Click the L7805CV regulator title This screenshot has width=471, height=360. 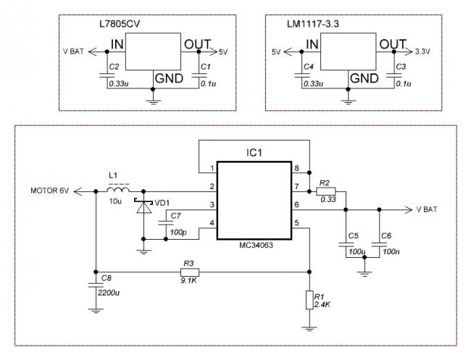pyautogui.click(x=120, y=24)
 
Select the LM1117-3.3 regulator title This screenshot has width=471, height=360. pyautogui.click(x=313, y=24)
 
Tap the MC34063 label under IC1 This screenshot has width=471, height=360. pyautogui.click(x=256, y=246)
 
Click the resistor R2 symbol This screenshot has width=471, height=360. pyautogui.click(x=326, y=191)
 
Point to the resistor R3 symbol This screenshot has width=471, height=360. pyautogui.click(x=190, y=272)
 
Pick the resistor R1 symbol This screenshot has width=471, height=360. pyautogui.click(x=309, y=300)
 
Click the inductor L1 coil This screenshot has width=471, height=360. pyautogui.click(x=118, y=189)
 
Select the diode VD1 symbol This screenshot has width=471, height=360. pyautogui.click(x=143, y=206)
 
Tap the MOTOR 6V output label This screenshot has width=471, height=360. pyautogui.click(x=49, y=191)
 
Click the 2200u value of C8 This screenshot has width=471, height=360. pyautogui.click(x=109, y=293)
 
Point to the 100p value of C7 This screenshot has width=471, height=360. pyautogui.click(x=178, y=233)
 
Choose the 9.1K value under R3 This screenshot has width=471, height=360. pyautogui.click(x=188, y=281)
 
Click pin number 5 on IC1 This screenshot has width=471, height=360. pyautogui.click(x=296, y=223)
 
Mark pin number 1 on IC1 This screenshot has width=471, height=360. pyautogui.click(x=212, y=168)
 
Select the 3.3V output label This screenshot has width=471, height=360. pyautogui.click(x=422, y=51)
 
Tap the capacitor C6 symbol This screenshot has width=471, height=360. pyautogui.click(x=379, y=245)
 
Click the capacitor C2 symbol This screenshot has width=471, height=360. pyautogui.click(x=107, y=75)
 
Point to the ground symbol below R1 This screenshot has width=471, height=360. pyautogui.click(x=309, y=328)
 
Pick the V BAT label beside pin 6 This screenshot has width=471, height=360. pyautogui.click(x=427, y=209)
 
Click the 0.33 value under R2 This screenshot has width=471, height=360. pyautogui.click(x=328, y=199)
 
